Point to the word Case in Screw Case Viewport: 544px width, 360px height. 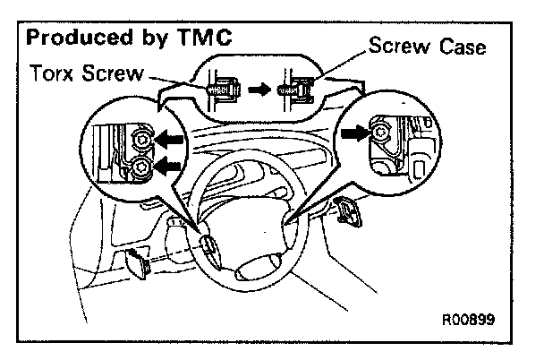point(463,47)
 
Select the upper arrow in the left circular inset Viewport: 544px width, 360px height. point(169,140)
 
